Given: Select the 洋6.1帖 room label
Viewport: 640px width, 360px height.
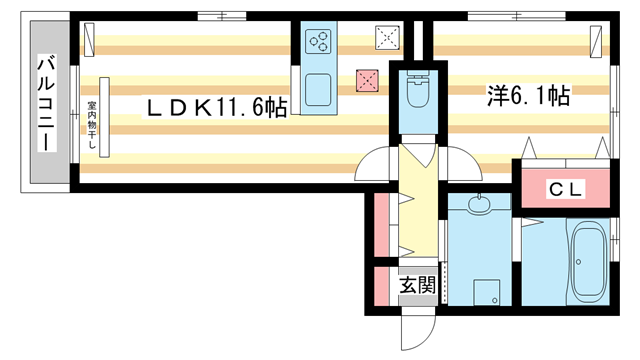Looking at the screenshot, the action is tap(528, 97).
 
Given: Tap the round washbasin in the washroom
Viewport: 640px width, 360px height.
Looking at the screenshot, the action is tap(479, 207).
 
